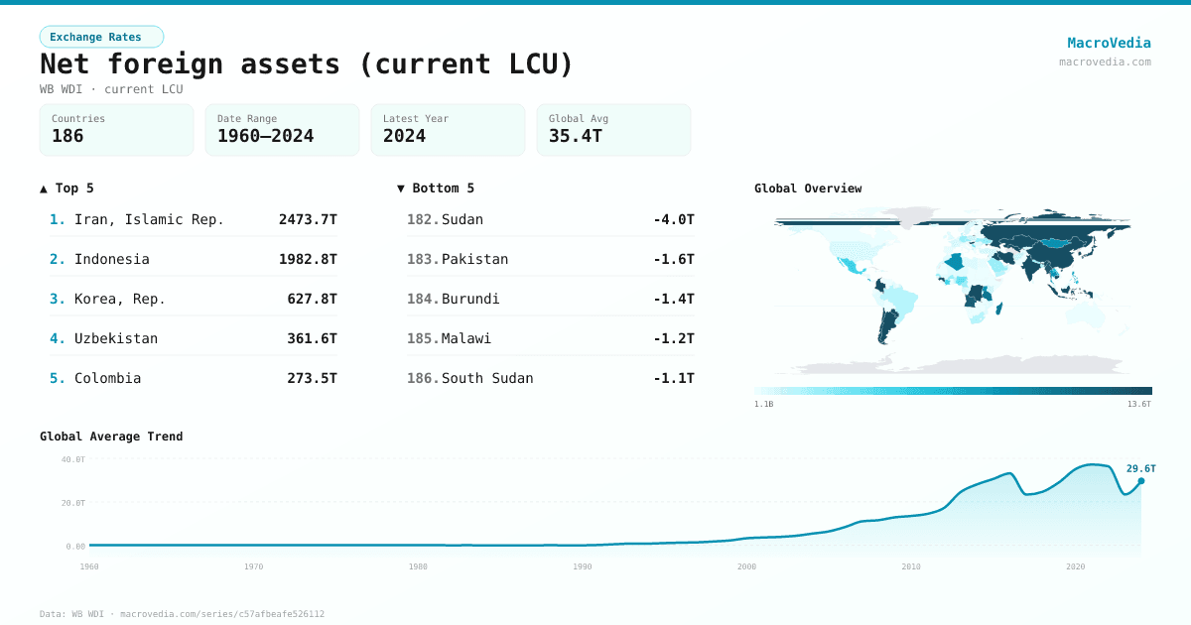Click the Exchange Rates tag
pyautogui.click(x=101, y=37)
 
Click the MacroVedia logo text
pyautogui.click(x=1109, y=43)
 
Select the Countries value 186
pyautogui.click(x=67, y=136)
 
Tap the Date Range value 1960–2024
pyautogui.click(x=265, y=136)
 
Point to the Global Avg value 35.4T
pyautogui.click(x=575, y=136)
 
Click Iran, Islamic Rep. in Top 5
pyautogui.click(x=149, y=219)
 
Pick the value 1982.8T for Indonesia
pyautogui.click(x=308, y=259)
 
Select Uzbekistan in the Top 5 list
pyautogui.click(x=115, y=338)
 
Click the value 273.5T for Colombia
pyautogui.click(x=312, y=378)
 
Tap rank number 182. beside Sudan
pyautogui.click(x=422, y=219)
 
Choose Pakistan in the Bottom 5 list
pyautogui.click(x=474, y=259)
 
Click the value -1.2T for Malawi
pyautogui.click(x=673, y=338)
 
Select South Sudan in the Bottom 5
pyautogui.click(x=487, y=378)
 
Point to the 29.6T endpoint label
pyautogui.click(x=1140, y=468)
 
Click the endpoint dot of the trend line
pyautogui.click(x=1141, y=481)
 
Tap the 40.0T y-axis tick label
pyautogui.click(x=73, y=459)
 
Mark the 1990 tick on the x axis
pyautogui.click(x=583, y=566)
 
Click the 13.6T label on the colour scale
pyautogui.click(x=1139, y=404)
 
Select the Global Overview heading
pyautogui.click(x=808, y=188)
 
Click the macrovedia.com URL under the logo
pyautogui.click(x=1105, y=62)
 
